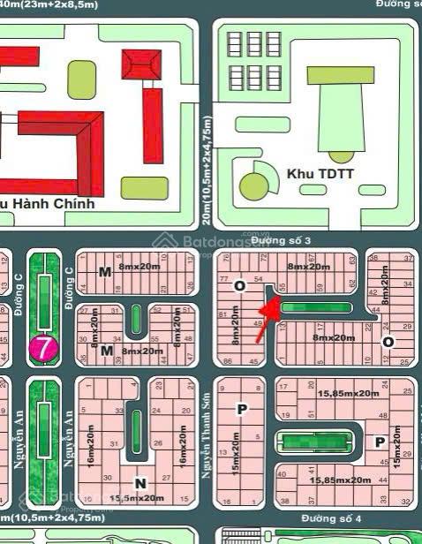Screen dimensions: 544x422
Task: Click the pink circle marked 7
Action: (41, 347)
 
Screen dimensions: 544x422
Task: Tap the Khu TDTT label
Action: (320, 174)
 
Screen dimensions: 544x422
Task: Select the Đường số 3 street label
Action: (280, 240)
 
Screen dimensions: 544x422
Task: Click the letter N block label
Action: (139, 482)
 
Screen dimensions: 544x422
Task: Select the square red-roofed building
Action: (141, 65)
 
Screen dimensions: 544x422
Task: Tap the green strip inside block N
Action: (135, 430)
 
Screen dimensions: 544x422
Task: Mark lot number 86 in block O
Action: (229, 360)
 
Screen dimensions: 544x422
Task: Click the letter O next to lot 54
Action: (237, 286)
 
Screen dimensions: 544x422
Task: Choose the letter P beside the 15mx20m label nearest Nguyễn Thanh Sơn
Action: (241, 409)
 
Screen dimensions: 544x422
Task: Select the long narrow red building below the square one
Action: (153, 125)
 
